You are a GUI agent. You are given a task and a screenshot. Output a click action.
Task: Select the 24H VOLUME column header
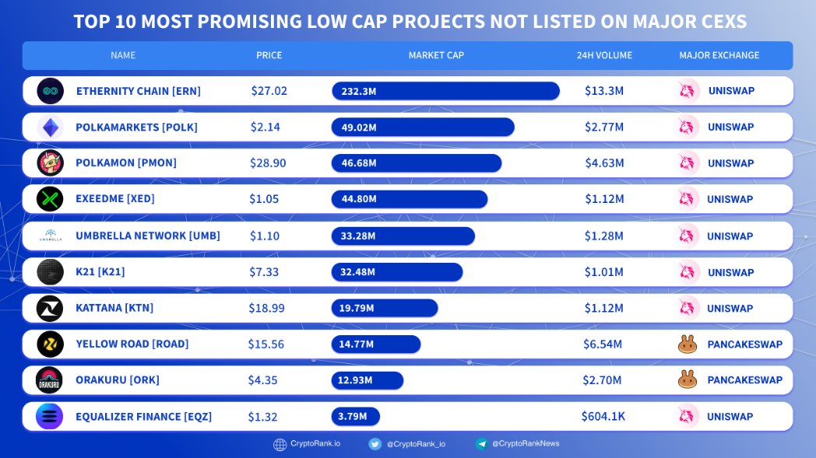pyautogui.click(x=604, y=55)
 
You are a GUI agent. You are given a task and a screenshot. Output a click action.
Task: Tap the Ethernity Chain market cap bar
pyautogui.click(x=445, y=91)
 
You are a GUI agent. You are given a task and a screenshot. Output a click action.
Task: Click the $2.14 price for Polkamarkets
pyautogui.click(x=265, y=127)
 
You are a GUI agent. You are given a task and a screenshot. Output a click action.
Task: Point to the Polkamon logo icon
pyautogui.click(x=50, y=163)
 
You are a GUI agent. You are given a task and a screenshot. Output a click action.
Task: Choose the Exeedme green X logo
pyautogui.click(x=50, y=199)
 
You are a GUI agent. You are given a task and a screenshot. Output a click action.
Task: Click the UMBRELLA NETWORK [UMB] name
pyautogui.click(x=148, y=236)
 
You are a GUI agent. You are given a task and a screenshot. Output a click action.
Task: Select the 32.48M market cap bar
pyautogui.click(x=397, y=272)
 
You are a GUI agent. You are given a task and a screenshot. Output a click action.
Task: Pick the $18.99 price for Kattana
pyautogui.click(x=267, y=308)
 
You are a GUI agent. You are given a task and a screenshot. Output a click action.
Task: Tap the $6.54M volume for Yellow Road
pyautogui.click(x=603, y=344)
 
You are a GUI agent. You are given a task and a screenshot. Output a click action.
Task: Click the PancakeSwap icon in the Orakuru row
pyautogui.click(x=688, y=380)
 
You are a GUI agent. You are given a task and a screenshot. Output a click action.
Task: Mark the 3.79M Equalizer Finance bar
pyautogui.click(x=356, y=416)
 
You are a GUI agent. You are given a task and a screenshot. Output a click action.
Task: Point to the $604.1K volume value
pyautogui.click(x=603, y=416)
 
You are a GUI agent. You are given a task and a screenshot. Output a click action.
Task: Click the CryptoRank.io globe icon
pyautogui.click(x=280, y=445)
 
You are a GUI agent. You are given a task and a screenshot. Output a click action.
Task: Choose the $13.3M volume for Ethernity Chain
pyautogui.click(x=604, y=91)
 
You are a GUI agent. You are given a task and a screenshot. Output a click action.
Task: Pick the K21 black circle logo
pyautogui.click(x=50, y=272)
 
